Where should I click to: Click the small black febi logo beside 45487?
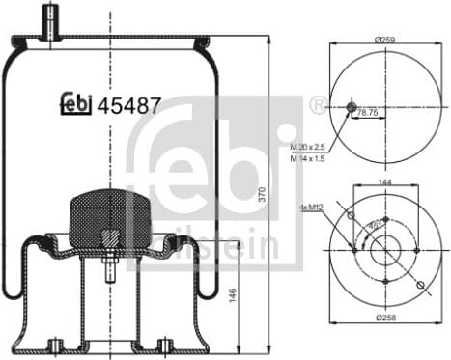coord(76,103)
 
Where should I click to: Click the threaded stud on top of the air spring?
coord(50,20)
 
